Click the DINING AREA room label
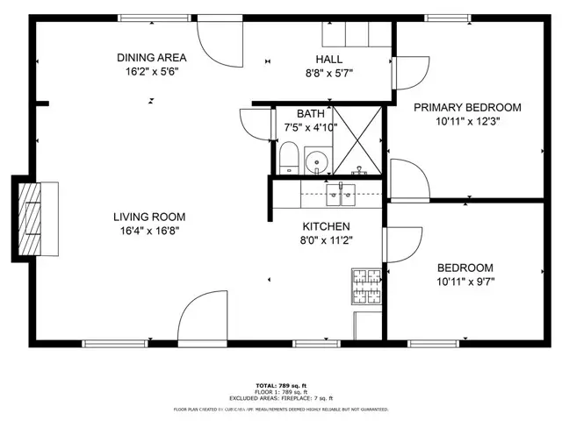[152, 58]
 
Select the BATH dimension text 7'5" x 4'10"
[310, 127]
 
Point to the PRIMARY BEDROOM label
[467, 107]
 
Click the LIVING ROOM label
[149, 217]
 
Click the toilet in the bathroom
[288, 158]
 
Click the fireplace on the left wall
[35, 218]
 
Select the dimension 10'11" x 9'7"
[466, 282]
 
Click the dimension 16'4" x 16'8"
[149, 231]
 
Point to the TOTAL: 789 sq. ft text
[279, 385]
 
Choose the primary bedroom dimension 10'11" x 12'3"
[467, 121]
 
